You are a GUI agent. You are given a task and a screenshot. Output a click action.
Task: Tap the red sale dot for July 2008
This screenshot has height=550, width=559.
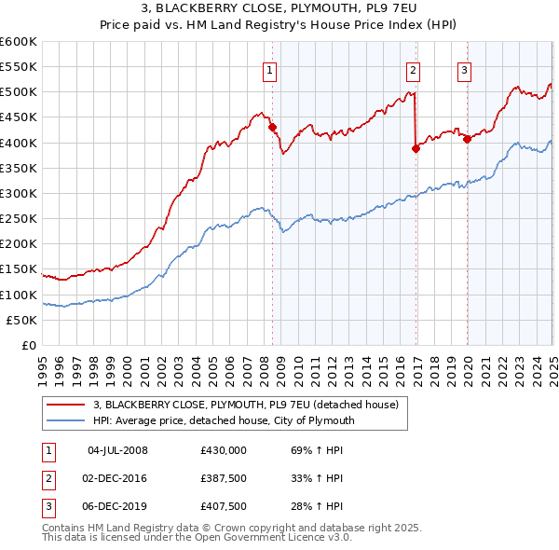[x=273, y=127]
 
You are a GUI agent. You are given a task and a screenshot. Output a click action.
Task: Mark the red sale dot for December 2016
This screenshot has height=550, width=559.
[x=416, y=148]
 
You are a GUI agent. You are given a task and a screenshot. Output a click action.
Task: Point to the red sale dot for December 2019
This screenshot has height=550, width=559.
[x=467, y=138]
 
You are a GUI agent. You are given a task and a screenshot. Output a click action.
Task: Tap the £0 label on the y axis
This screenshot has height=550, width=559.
[x=28, y=346]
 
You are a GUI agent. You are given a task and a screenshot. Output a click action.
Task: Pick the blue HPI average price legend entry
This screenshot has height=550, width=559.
[x=224, y=420]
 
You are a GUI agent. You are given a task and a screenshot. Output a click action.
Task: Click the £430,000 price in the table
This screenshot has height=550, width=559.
[x=224, y=450]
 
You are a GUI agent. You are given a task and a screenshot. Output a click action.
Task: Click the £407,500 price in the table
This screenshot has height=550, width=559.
[x=224, y=506]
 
